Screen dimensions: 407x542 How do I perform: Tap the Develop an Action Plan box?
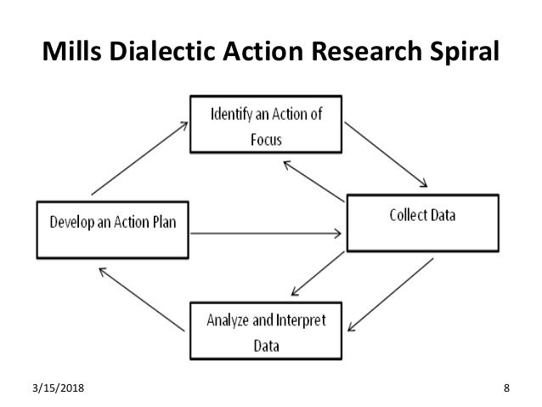111,228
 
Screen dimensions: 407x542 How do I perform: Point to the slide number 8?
506,388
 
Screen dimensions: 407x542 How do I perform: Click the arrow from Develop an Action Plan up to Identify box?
139,156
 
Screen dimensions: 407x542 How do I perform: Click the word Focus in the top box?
266,137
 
